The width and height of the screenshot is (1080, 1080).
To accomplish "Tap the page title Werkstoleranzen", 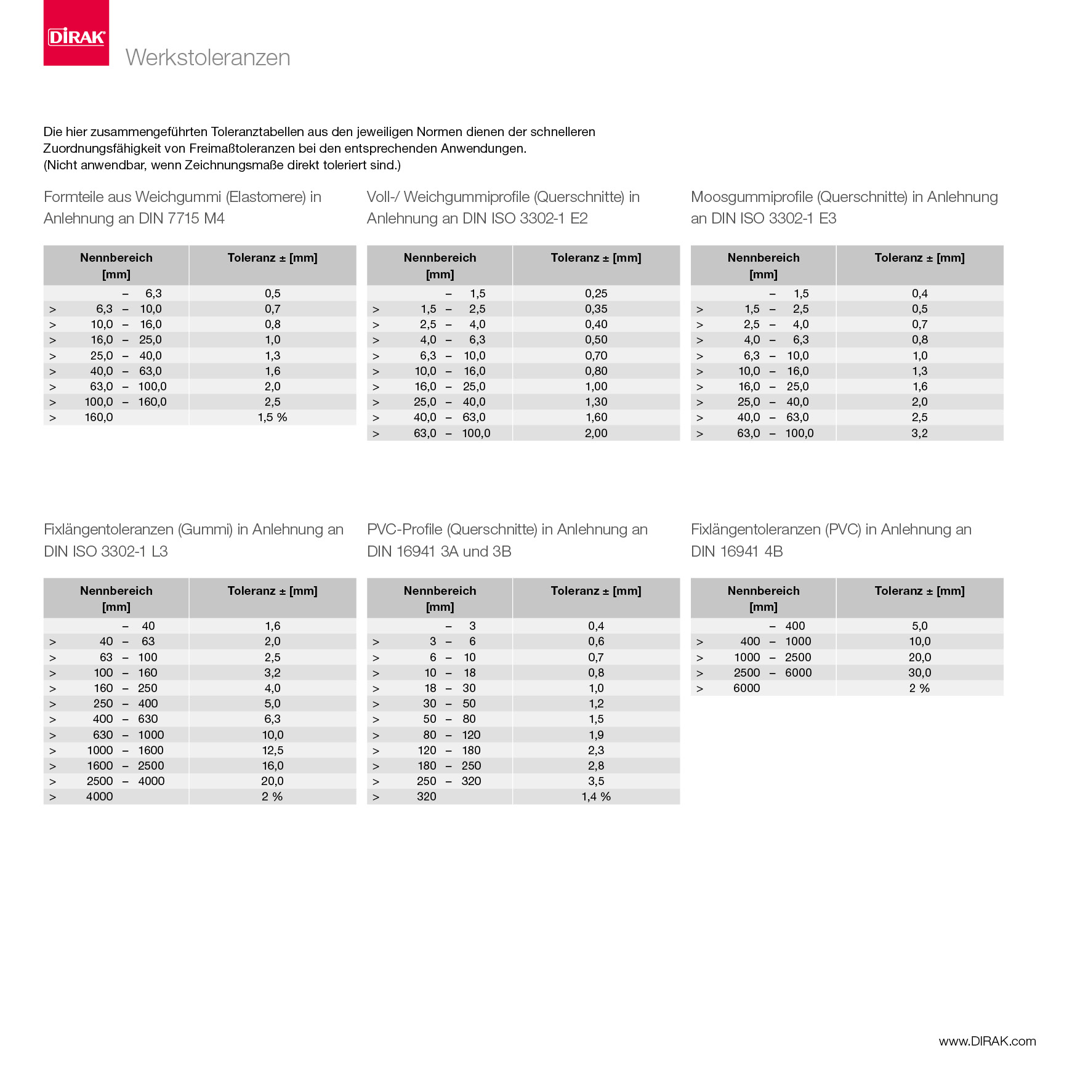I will [208, 57].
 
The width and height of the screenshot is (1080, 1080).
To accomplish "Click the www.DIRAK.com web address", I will [987, 1041].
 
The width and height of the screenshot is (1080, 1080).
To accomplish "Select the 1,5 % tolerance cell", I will [272, 417].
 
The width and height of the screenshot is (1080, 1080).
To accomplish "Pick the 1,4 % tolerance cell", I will [596, 797].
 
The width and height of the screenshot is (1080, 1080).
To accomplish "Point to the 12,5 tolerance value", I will [272, 751].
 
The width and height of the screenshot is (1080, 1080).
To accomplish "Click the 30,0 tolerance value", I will [919, 673].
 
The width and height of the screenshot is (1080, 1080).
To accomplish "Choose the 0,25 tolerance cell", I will [596, 294].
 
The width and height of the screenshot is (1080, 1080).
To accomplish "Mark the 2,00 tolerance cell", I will [596, 433].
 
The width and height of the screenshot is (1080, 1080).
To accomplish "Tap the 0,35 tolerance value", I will [596, 309].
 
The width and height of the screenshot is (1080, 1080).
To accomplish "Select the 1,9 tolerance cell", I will [596, 735].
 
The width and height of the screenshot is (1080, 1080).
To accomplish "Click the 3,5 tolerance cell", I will [596, 781].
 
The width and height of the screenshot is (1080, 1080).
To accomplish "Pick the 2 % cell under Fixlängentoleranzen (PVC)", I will [919, 688].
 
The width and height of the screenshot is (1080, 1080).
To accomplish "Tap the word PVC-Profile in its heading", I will [405, 530].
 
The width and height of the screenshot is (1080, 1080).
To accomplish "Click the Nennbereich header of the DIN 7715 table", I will [116, 258].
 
